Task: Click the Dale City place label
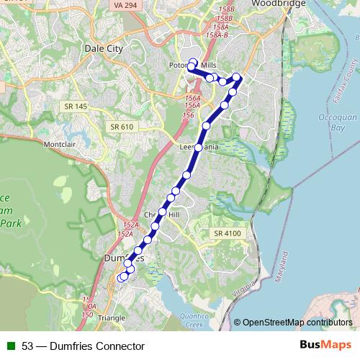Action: tap(105, 48)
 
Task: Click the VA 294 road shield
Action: tap(125, 5)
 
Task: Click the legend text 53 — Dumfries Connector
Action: tap(83, 346)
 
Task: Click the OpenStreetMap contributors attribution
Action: tap(293, 323)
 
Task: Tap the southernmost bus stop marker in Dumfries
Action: tap(120, 278)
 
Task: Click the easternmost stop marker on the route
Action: tap(238, 78)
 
